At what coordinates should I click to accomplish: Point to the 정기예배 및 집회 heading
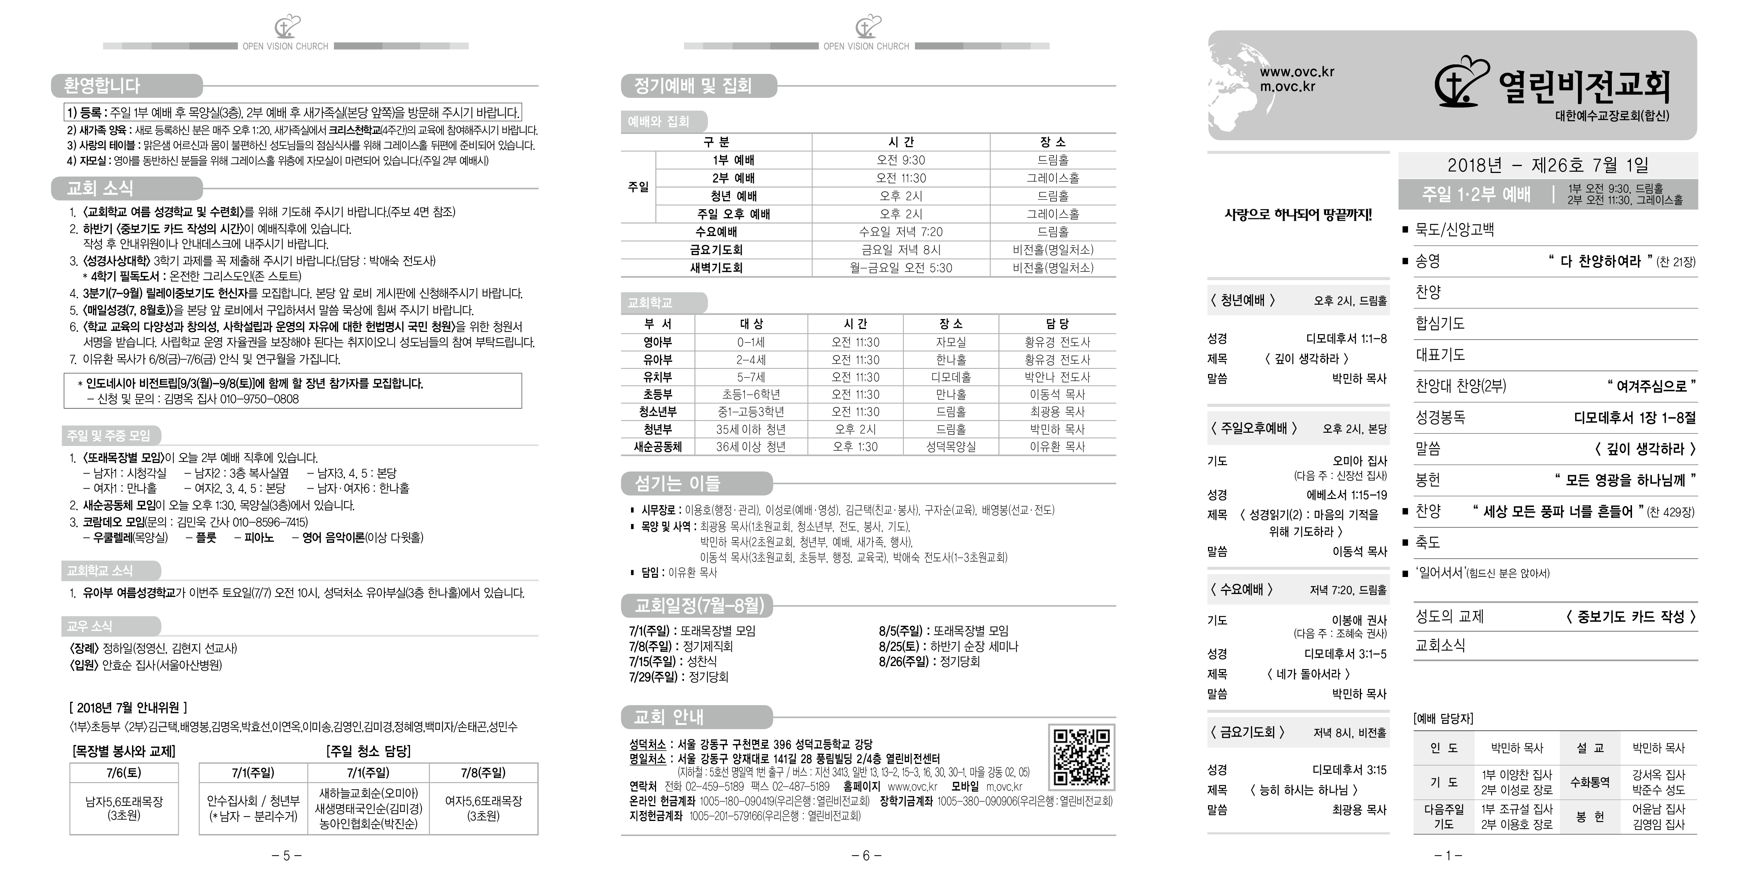693,86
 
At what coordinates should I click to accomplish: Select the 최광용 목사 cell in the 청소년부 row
1056,411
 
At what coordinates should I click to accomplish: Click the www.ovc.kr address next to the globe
1297,72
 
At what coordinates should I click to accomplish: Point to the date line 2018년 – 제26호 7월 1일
1547,165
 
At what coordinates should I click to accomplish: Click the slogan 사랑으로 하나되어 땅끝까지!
1298,216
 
